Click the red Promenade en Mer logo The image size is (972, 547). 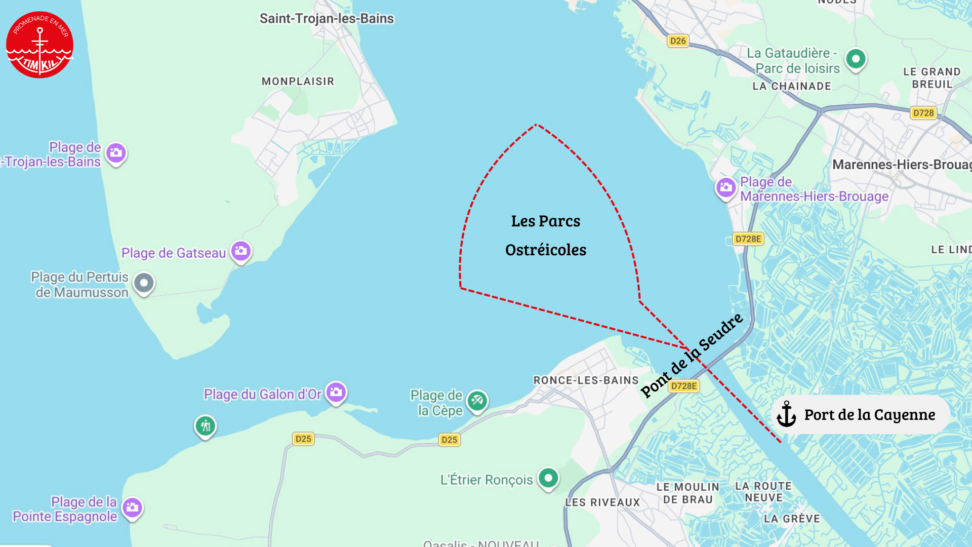[39, 45]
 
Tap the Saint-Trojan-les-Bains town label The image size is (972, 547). [327, 19]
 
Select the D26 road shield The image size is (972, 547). [677, 41]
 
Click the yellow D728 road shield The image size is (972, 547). [923, 113]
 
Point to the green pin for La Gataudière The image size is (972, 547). [856, 59]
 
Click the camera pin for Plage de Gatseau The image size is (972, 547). [241, 251]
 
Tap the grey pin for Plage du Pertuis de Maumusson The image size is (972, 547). [144, 283]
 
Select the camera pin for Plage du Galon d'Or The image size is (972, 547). [336, 392]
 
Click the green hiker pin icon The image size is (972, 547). [206, 426]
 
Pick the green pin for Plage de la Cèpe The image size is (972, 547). [477, 401]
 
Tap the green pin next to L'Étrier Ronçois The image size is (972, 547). [548, 478]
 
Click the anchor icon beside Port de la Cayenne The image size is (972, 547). [786, 414]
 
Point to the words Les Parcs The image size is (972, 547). [545, 221]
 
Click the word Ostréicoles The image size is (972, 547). [545, 250]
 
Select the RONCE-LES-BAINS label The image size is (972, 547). [586, 380]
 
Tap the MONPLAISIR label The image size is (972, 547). [298, 82]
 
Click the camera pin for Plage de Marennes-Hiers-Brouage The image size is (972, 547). [725, 187]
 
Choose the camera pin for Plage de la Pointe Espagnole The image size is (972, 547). [133, 507]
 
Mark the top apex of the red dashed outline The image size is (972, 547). [536, 124]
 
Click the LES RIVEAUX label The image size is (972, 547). [602, 502]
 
